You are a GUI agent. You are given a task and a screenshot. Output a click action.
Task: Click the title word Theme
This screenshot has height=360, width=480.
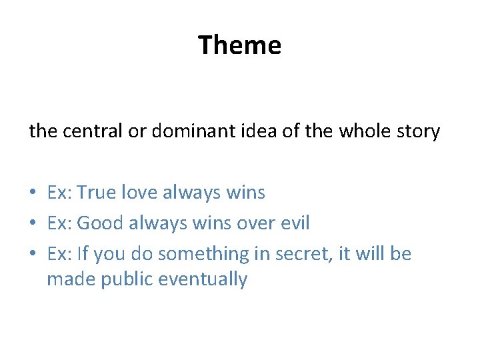pos(239,45)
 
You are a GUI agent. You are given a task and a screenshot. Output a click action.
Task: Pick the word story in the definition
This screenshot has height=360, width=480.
pos(419,131)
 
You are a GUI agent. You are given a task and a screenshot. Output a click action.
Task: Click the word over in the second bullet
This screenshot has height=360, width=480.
pos(251,223)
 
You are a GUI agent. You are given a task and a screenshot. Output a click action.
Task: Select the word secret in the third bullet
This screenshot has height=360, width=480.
pos(291,254)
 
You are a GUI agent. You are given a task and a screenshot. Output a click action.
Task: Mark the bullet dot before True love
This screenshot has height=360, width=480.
pos(33,193)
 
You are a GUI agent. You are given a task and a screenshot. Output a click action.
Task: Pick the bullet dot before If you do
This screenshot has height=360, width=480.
pos(33,255)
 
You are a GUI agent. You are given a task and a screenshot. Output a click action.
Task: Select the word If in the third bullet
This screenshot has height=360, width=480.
pos(82,254)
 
